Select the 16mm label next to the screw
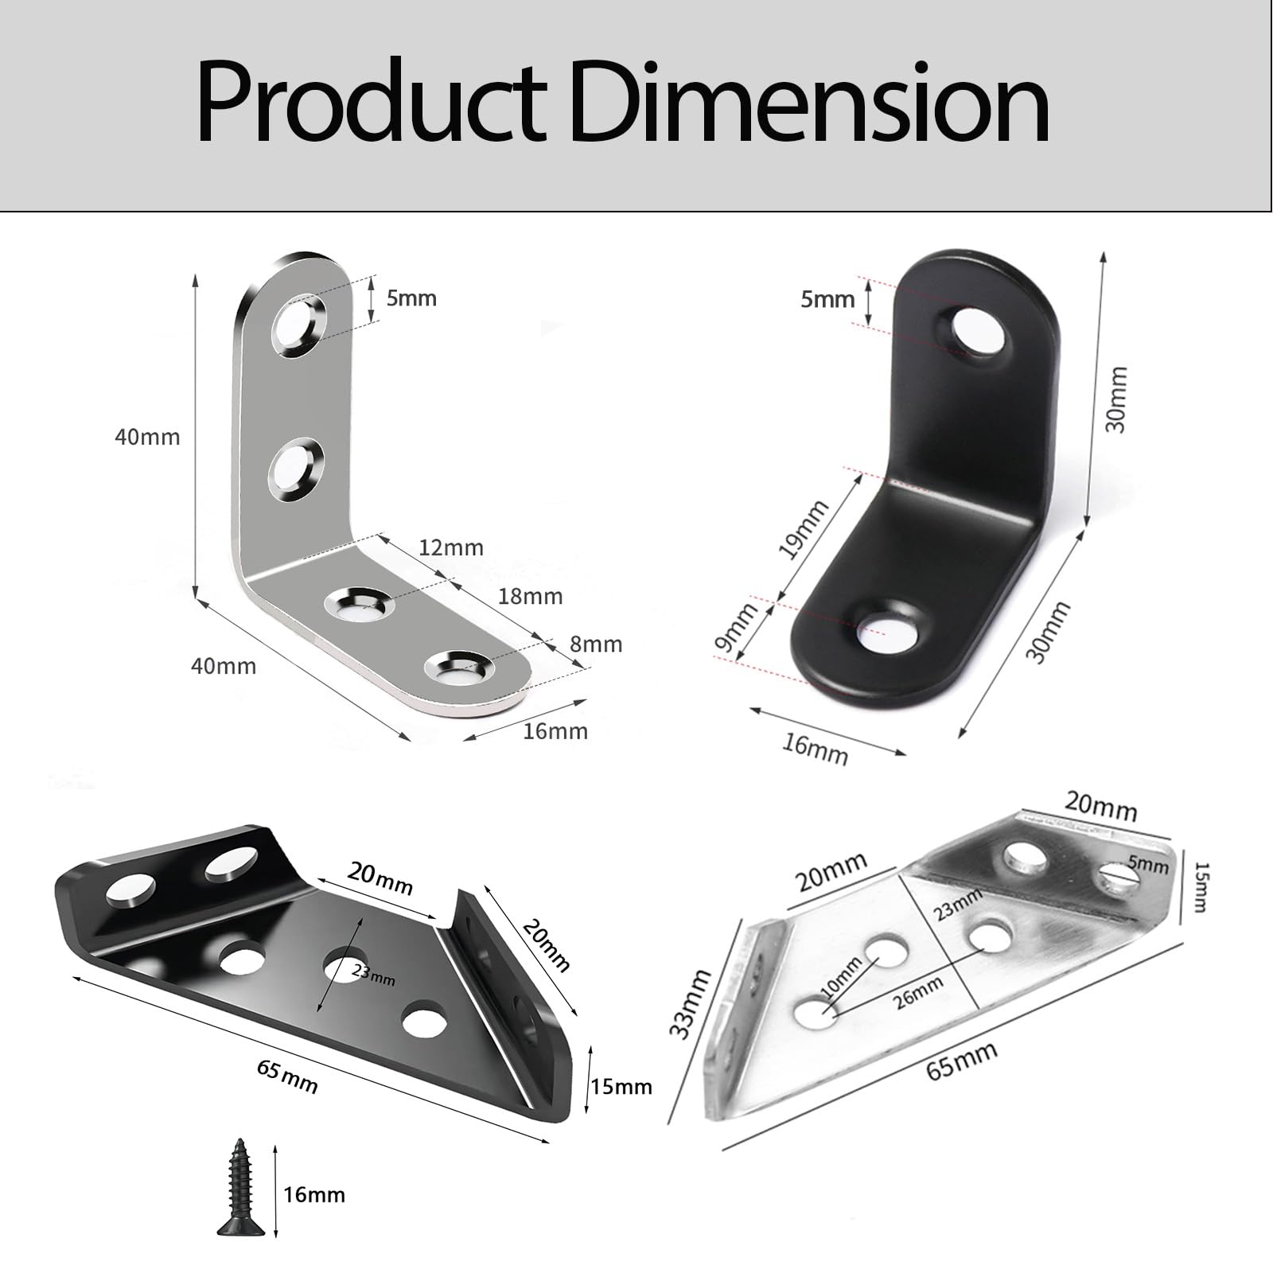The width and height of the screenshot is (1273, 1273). (x=314, y=1195)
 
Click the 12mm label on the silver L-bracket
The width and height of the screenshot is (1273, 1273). (x=451, y=547)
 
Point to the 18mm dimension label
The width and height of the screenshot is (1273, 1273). (x=530, y=596)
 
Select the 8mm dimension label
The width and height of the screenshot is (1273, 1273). (x=596, y=644)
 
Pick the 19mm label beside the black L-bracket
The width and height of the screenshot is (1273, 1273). (x=804, y=529)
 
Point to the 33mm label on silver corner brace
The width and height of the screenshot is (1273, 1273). (x=689, y=1003)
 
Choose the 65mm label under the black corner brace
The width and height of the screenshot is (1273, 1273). (x=288, y=1077)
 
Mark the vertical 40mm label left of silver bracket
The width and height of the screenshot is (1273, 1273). (x=147, y=437)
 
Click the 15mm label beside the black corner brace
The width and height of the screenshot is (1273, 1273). (x=621, y=1086)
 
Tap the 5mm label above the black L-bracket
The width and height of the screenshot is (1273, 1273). (x=827, y=299)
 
